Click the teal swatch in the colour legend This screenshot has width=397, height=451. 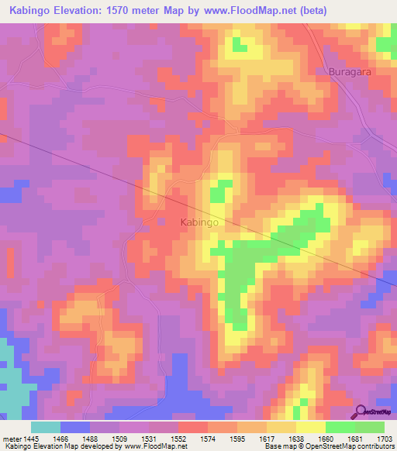46,427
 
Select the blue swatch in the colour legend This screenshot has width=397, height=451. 75,427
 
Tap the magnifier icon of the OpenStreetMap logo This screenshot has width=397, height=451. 361,411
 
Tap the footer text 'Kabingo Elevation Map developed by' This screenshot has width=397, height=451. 60,447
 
